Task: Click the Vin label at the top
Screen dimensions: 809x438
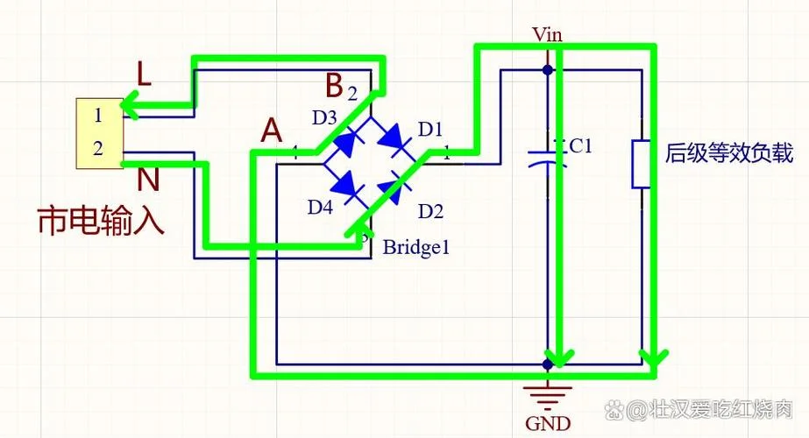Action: click(x=548, y=34)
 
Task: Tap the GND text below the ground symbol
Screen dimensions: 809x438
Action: click(x=548, y=424)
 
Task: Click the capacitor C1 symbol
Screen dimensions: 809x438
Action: click(x=548, y=158)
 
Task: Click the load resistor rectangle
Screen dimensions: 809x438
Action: click(x=642, y=164)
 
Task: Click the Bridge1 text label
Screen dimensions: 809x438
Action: click(x=415, y=248)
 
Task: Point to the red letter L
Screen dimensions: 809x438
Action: click(x=144, y=74)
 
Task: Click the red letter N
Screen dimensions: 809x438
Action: click(x=149, y=180)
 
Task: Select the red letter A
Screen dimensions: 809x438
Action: click(x=272, y=131)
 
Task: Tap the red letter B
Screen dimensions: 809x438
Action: click(x=335, y=85)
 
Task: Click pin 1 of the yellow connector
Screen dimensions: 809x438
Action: click(x=98, y=115)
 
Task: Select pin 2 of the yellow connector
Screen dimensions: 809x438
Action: click(x=98, y=148)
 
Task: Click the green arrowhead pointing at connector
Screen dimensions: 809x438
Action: click(x=130, y=105)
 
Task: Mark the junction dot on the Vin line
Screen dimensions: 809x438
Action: click(x=548, y=70)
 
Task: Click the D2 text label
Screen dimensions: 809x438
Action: click(x=431, y=211)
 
